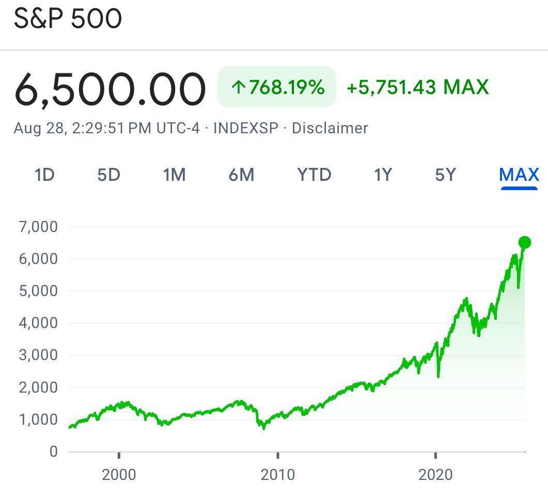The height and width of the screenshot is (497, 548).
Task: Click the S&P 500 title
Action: [x=68, y=20]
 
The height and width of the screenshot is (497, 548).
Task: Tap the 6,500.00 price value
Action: [x=110, y=89]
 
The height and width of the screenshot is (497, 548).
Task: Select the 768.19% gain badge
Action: [x=277, y=87]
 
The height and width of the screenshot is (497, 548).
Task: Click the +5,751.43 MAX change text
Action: [x=417, y=87]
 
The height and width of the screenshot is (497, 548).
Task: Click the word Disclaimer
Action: [x=330, y=128]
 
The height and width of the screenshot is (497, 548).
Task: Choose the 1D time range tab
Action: [x=44, y=175]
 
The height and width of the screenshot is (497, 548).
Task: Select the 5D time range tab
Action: [x=108, y=175]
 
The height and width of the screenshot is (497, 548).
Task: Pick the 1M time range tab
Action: [x=174, y=175]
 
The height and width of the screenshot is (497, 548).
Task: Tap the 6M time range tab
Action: [x=241, y=175]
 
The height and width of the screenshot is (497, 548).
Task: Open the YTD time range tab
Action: [x=314, y=175]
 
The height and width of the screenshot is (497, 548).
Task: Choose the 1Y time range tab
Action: [x=383, y=175]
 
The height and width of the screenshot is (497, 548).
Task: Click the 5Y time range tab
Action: [x=446, y=175]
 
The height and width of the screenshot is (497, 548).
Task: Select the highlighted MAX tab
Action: [x=519, y=175]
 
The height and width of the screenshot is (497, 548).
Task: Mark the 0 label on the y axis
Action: [x=53, y=452]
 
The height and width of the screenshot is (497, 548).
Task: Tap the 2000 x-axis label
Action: [x=119, y=474]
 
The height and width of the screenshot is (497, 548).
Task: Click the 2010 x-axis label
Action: [x=278, y=474]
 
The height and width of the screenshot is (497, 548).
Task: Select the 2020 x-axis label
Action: [x=435, y=474]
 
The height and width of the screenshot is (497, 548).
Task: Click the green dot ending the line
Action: [x=525, y=242]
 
